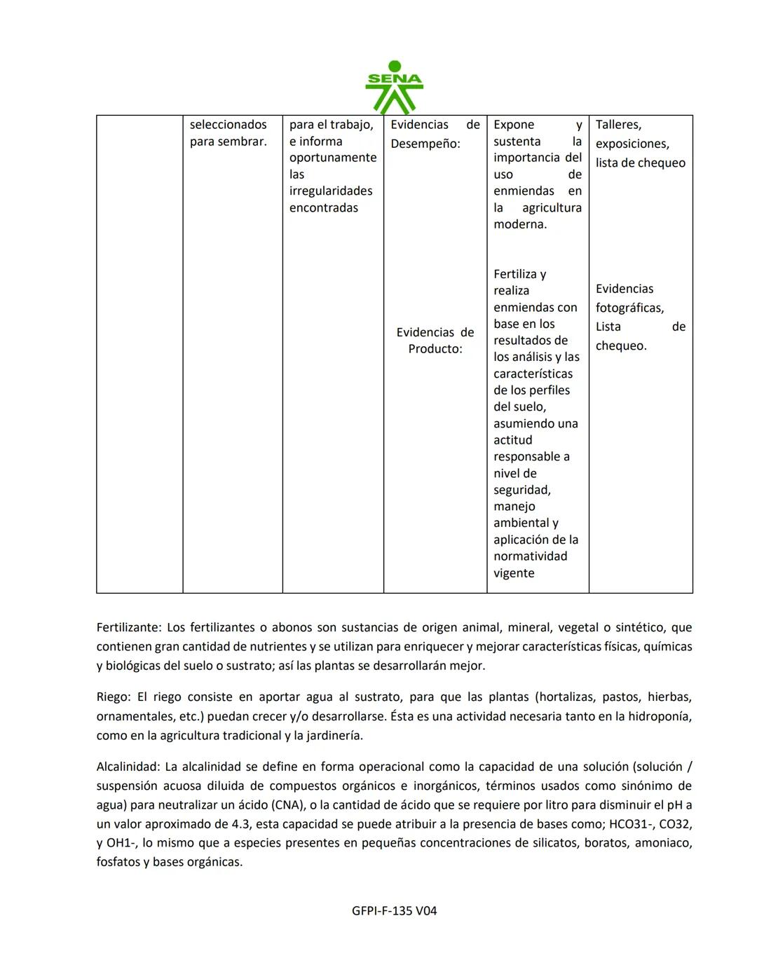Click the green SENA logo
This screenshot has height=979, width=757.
coord(394,88)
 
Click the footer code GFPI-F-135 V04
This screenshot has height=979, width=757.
coord(395,911)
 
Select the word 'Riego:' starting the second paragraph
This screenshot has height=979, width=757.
coord(114,697)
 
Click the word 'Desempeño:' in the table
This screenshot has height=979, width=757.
coord(425,144)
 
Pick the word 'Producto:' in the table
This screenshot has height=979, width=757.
coord(435,349)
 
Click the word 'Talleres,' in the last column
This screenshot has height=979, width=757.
coord(618,125)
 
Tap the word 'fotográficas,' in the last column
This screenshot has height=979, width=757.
coord(629,308)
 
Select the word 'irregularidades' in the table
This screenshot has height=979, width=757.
coord(331,191)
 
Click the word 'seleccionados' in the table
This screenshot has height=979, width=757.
coord(228,125)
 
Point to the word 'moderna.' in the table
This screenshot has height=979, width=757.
coord(520,224)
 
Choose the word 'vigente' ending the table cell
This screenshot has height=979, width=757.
coord(514,573)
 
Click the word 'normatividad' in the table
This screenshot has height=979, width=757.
coord(530,556)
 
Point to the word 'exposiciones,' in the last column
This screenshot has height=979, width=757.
coord(632,144)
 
